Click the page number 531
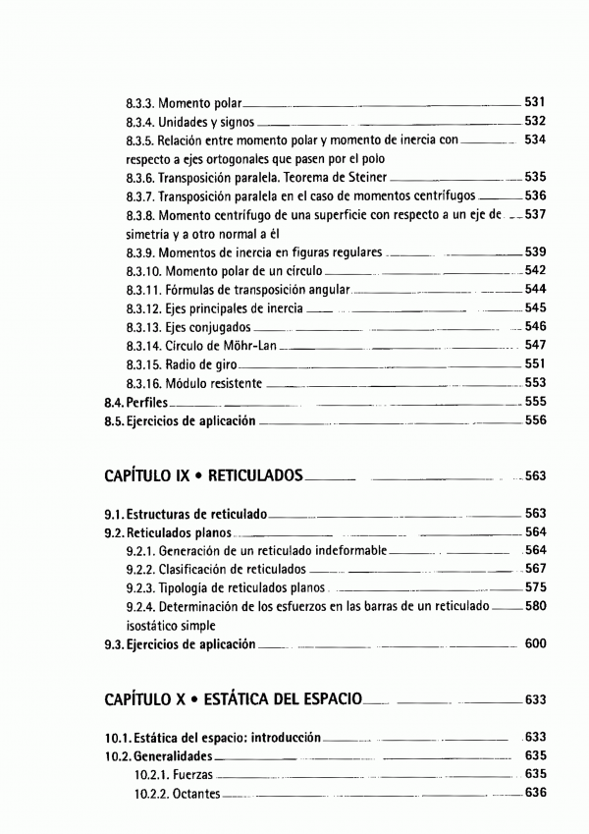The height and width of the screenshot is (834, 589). [535, 101]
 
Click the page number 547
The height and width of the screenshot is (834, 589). [535, 345]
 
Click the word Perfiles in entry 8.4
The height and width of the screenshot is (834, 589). [145, 402]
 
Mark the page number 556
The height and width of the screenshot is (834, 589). [535, 420]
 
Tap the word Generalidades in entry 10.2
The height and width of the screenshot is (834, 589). [162, 755]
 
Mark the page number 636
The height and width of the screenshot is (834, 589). [535, 793]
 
